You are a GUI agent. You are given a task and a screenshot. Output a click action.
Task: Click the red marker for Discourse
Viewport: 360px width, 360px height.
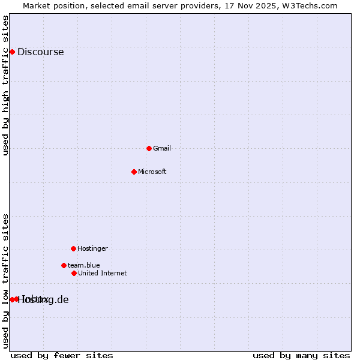[x=12, y=52]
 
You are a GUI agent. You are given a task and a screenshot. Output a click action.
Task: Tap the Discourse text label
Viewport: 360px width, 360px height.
[x=40, y=52]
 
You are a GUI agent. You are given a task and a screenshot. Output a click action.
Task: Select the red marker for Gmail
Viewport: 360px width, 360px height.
[x=149, y=148]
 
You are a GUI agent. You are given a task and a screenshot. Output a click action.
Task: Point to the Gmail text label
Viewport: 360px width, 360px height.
[x=162, y=148]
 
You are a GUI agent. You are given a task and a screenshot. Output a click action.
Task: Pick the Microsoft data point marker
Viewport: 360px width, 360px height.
[x=134, y=172]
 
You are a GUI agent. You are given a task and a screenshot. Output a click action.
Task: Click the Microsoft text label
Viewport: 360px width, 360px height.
[x=152, y=172]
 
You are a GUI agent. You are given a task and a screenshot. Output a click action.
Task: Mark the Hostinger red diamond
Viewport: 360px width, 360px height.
[x=73, y=248]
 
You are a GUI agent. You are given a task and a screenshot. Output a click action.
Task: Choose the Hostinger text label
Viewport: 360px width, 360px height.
[x=92, y=248]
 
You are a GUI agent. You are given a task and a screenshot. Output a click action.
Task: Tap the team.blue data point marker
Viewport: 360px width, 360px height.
[x=64, y=265]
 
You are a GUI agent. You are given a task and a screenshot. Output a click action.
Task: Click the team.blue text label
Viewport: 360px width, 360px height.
[x=83, y=265]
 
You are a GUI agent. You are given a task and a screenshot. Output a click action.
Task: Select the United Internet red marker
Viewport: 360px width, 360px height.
[x=74, y=273]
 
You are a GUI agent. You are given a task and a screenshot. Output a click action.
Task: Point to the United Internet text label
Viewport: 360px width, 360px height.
[x=102, y=273]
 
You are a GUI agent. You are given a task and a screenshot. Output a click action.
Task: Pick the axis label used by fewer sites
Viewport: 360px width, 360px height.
[x=62, y=356]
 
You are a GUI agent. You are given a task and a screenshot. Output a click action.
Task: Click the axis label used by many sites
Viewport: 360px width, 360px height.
[x=301, y=356]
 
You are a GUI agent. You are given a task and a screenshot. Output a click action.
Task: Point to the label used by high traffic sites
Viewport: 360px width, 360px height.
[x=5, y=85]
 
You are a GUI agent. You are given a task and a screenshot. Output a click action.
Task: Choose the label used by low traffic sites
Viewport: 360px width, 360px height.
[x=5, y=281]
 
